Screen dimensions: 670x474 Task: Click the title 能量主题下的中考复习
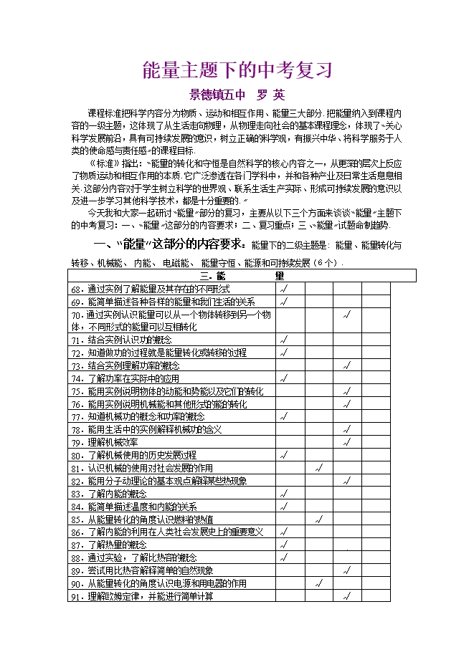coord(237,70)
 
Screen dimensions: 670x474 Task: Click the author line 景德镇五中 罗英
coord(237,94)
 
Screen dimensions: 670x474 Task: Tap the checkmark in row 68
coord(283,289)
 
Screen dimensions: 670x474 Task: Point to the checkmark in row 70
coord(347,315)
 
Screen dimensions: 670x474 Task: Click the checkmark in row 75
coord(347,391)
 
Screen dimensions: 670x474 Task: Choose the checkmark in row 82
coord(347,481)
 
